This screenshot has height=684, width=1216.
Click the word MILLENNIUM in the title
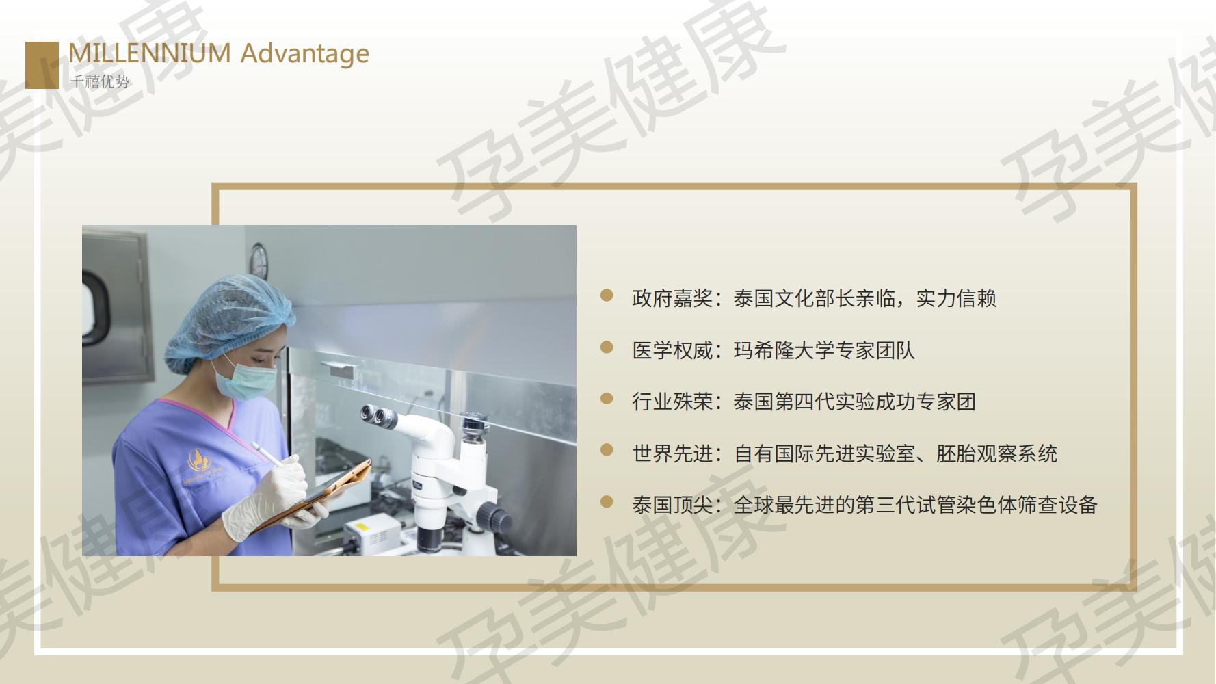point(150,53)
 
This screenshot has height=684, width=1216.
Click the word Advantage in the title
point(305,54)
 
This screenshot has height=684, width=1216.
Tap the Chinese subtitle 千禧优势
point(99,81)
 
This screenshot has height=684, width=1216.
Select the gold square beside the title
point(42,65)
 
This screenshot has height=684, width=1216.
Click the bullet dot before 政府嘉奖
point(607,295)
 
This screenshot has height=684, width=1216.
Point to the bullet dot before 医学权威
point(607,347)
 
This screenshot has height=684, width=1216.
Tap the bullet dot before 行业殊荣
point(607,399)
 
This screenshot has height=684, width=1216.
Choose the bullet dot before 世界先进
point(607,450)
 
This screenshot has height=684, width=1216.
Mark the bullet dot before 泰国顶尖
point(607,502)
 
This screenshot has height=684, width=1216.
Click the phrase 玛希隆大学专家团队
point(824,351)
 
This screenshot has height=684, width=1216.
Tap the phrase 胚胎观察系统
point(996,453)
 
